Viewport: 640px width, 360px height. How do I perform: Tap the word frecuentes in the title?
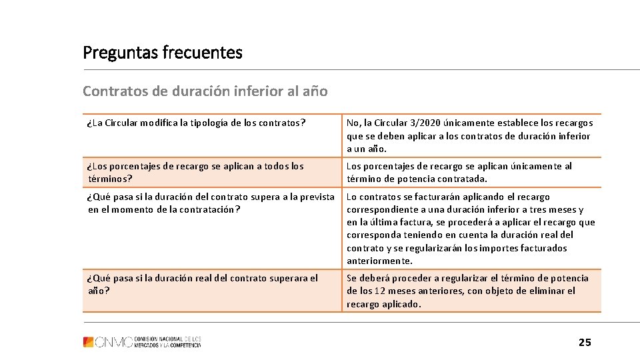(x=202, y=53)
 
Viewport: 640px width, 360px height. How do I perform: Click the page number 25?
(x=585, y=343)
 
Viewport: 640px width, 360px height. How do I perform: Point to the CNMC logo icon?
(x=89, y=342)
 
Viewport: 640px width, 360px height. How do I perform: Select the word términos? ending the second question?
(x=110, y=179)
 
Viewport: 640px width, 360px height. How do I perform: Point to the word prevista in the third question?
(x=317, y=197)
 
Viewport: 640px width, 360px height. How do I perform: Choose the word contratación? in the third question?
(x=205, y=209)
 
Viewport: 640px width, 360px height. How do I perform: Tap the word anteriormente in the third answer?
(x=379, y=261)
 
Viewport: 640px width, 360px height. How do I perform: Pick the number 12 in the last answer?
(x=379, y=291)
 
